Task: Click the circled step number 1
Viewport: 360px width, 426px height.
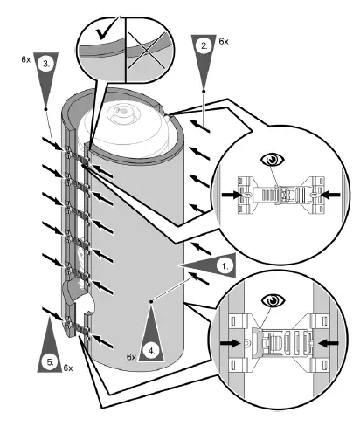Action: coord(226,263)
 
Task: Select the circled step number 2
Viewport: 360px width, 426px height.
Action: coord(203,48)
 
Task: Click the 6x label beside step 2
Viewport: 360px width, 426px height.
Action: coord(224,41)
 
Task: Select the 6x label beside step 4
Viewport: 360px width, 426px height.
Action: coord(131,358)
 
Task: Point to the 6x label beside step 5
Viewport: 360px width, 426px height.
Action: coord(67,369)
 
